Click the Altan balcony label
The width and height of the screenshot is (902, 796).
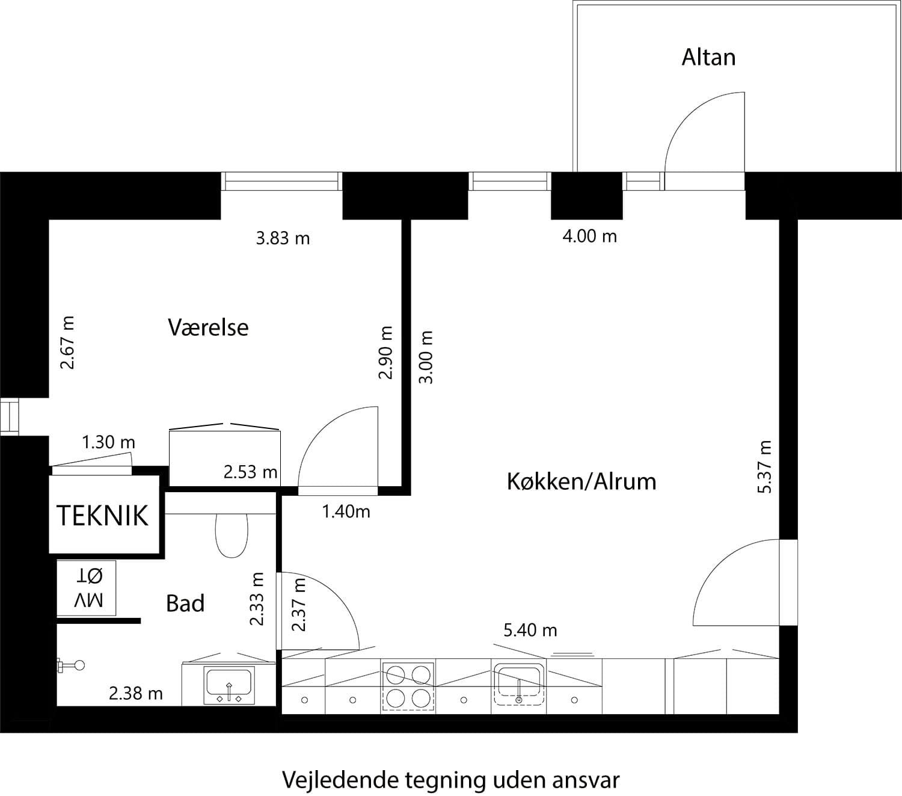[x=708, y=57]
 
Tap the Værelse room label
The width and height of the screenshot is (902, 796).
[x=208, y=327]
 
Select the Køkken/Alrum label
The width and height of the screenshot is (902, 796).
[x=581, y=481]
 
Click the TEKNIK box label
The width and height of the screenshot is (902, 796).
[x=102, y=516]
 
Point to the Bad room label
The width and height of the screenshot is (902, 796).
[x=185, y=603]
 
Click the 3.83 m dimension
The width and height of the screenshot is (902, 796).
[x=283, y=238]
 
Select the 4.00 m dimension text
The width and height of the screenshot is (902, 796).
[x=589, y=236]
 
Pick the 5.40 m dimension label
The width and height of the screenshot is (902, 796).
[x=530, y=630]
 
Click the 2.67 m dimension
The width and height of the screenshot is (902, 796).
[x=67, y=342]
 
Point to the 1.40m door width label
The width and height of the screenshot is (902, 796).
[x=346, y=511]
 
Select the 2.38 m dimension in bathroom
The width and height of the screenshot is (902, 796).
[x=135, y=694]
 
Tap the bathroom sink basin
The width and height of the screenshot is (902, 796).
[x=229, y=685]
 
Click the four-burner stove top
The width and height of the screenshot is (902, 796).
[x=408, y=686]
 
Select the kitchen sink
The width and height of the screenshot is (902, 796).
[x=518, y=684]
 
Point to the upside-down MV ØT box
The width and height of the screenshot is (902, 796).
[x=87, y=588]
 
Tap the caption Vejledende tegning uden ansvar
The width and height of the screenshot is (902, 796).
[x=450, y=780]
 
